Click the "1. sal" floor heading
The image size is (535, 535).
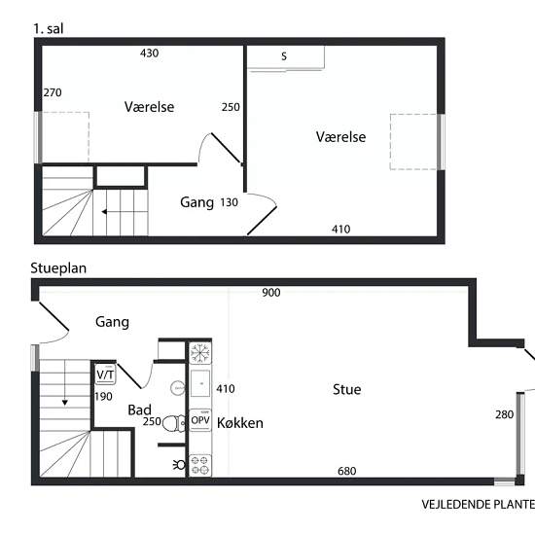pos(48,28)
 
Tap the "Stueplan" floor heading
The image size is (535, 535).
pos(58,268)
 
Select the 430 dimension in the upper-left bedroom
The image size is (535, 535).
pos(150,53)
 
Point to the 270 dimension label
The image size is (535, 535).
pos(53,92)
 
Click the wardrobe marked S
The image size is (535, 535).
pos(286,57)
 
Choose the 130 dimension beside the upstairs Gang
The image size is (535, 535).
pos(229,202)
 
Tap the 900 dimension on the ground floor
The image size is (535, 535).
pos(271,293)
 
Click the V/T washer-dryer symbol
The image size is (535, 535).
pos(105,374)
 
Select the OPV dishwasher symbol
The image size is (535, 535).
pos(200,420)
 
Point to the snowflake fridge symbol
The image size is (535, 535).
pos(200,353)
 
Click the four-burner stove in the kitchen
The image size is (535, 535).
pos(200,465)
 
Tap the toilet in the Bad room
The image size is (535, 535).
pos(174,424)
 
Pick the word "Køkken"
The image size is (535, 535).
pos(240,423)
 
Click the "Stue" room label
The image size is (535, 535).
pos(347,389)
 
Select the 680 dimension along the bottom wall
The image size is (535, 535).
pos(347,471)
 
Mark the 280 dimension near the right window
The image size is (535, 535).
pos(505,414)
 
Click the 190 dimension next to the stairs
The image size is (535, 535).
pos(103,397)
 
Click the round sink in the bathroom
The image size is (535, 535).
pos(177,388)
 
